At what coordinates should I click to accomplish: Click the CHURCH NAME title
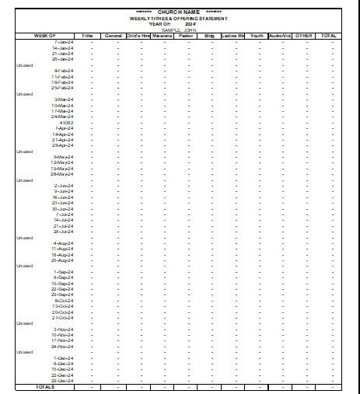click(x=179, y=12)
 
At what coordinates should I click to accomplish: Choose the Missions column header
click(x=163, y=36)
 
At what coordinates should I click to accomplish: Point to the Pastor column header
click(x=186, y=36)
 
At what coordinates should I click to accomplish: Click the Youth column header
click(x=257, y=36)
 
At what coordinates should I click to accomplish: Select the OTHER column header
click(x=304, y=36)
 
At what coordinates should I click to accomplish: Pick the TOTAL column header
click(x=329, y=36)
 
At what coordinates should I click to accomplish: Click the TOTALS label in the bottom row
click(x=45, y=386)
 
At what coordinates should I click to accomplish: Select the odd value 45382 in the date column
click(x=65, y=122)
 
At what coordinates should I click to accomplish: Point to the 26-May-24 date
click(x=62, y=174)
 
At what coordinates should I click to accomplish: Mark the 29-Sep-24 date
click(x=62, y=295)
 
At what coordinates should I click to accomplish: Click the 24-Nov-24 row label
click(x=62, y=347)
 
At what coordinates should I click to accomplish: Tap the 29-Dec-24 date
click(x=62, y=381)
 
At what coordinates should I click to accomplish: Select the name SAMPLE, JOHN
click(x=179, y=30)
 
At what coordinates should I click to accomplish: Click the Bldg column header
click(x=209, y=36)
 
